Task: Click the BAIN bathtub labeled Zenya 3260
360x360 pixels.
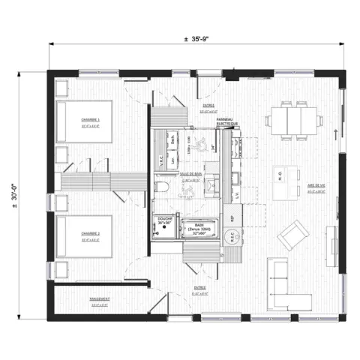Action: [x=199, y=229]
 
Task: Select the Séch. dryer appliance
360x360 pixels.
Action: [x=173, y=140]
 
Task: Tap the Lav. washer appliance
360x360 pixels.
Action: [x=173, y=160]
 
